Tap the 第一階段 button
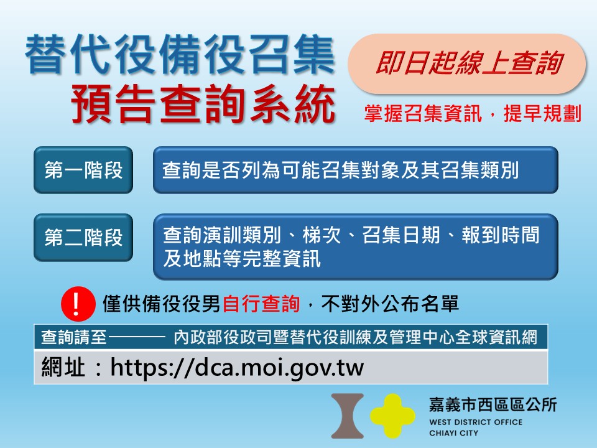point(83,170)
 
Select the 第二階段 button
point(83,238)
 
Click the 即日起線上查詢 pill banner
point(466,64)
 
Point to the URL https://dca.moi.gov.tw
point(237,367)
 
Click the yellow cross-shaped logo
point(392,416)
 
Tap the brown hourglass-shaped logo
point(348,416)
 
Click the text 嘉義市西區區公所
point(493,405)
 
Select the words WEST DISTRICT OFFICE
point(476,422)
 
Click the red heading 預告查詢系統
point(203,105)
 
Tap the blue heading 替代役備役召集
point(180,56)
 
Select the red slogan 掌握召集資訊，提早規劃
point(473,114)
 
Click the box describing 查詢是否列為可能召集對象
point(355,170)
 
